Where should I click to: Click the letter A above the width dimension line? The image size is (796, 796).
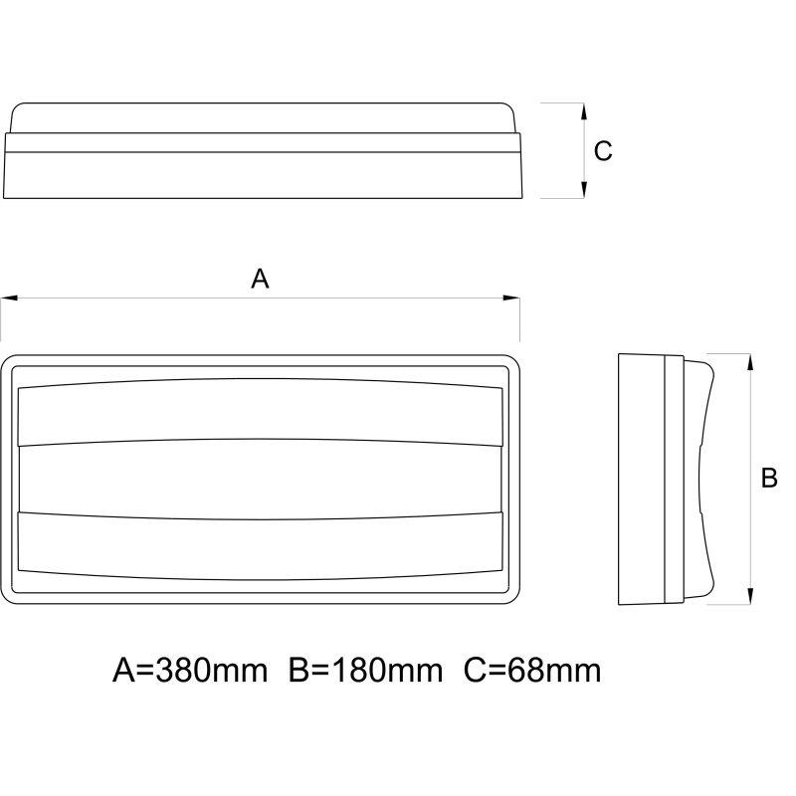(260, 279)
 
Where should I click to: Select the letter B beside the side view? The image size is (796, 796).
(769, 479)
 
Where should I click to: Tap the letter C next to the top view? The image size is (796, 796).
(603, 151)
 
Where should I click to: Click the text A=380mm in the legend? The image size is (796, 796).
(190, 670)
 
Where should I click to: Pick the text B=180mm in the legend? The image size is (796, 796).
(365, 670)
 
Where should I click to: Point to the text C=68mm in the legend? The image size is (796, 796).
(532, 670)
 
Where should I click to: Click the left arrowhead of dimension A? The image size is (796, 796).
(9, 298)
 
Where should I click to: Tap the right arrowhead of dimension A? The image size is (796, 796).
(511, 298)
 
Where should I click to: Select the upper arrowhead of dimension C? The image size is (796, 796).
(584, 111)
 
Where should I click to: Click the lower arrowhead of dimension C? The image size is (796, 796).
(584, 190)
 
